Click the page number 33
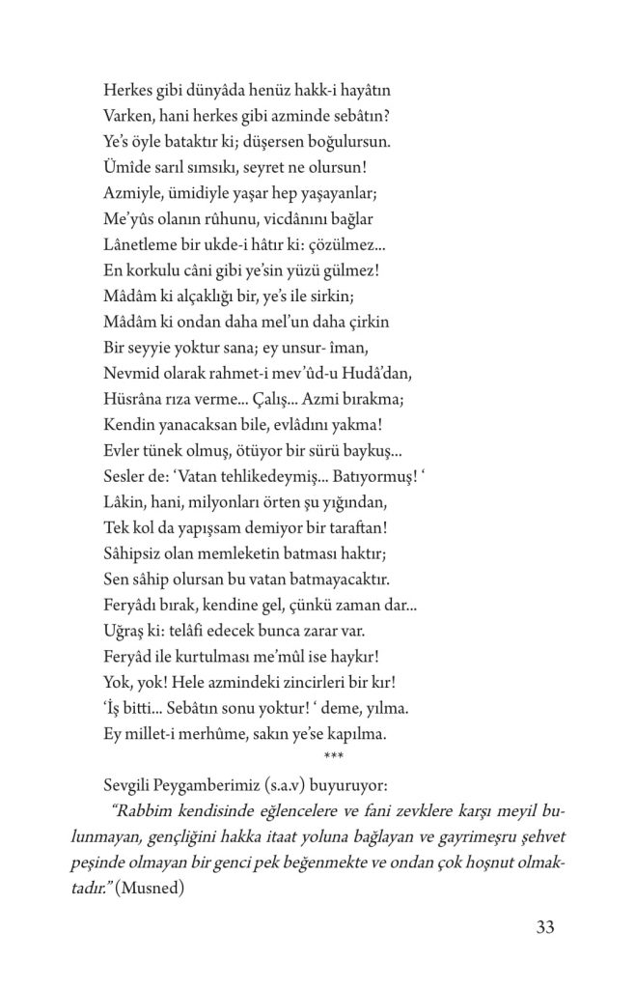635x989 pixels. (x=543, y=928)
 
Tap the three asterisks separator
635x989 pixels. (x=334, y=755)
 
